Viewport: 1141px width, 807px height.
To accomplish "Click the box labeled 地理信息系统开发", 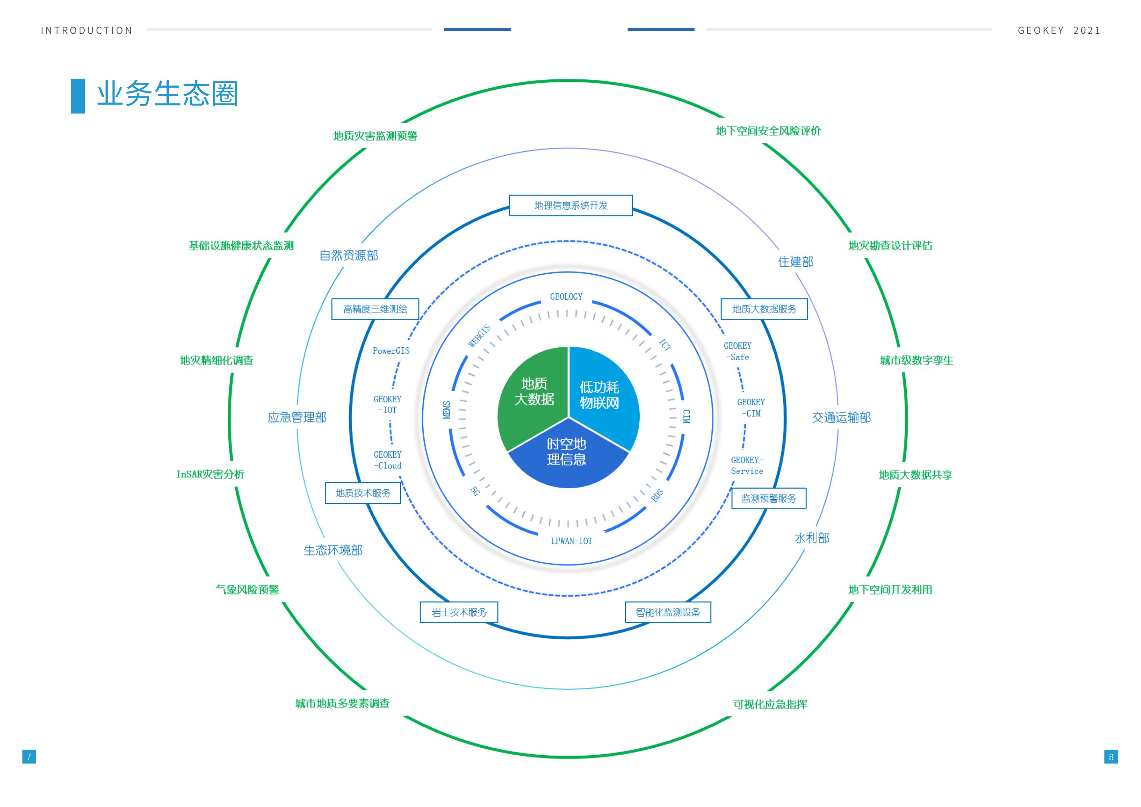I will [571, 206].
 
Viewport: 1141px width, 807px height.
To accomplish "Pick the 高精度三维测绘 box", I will [375, 309].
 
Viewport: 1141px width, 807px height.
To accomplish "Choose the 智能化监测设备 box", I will [668, 612].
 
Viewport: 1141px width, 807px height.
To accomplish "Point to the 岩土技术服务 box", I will [459, 612].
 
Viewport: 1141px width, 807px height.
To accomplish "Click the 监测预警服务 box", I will [769, 499].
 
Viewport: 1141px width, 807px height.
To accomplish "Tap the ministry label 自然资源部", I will [349, 255].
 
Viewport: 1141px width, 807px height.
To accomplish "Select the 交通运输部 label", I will [841, 417].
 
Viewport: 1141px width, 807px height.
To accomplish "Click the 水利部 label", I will [812, 538].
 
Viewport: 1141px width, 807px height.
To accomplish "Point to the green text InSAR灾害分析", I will [210, 474].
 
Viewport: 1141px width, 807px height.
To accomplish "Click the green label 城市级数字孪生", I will [916, 360].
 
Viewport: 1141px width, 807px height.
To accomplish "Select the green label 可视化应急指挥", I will [770, 704].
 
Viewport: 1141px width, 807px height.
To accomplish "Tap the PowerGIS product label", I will [391, 351].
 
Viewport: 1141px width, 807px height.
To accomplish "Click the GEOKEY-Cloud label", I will [387, 460].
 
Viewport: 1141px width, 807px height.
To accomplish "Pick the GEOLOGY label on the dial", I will [566, 297].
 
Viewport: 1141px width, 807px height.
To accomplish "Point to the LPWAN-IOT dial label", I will [571, 541].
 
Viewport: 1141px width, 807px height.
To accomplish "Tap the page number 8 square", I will [1111, 757].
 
